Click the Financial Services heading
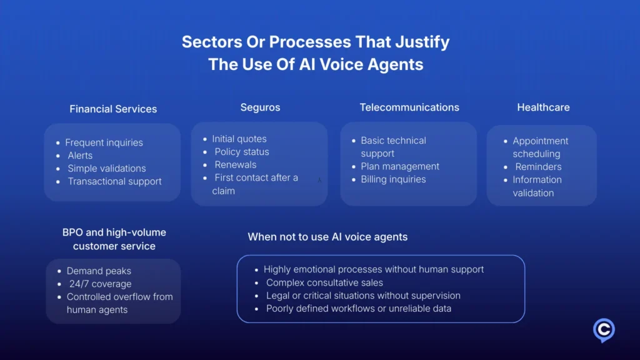coord(113,109)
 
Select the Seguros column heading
coord(260,107)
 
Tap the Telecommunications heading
coord(409,107)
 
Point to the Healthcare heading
coord(543,107)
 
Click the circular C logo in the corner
coord(604,330)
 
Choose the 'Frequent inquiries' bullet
coord(104,142)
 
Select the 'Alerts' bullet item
coord(80,156)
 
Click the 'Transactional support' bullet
coord(114,181)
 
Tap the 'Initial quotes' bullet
coord(239,139)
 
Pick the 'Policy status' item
coord(242,152)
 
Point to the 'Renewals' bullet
coord(236,165)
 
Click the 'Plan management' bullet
coord(400,166)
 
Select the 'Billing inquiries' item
coord(393,179)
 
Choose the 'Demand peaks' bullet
coord(99,271)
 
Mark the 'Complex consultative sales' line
coord(324,282)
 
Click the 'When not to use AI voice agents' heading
coord(327,237)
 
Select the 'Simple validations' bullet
coord(107,168)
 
